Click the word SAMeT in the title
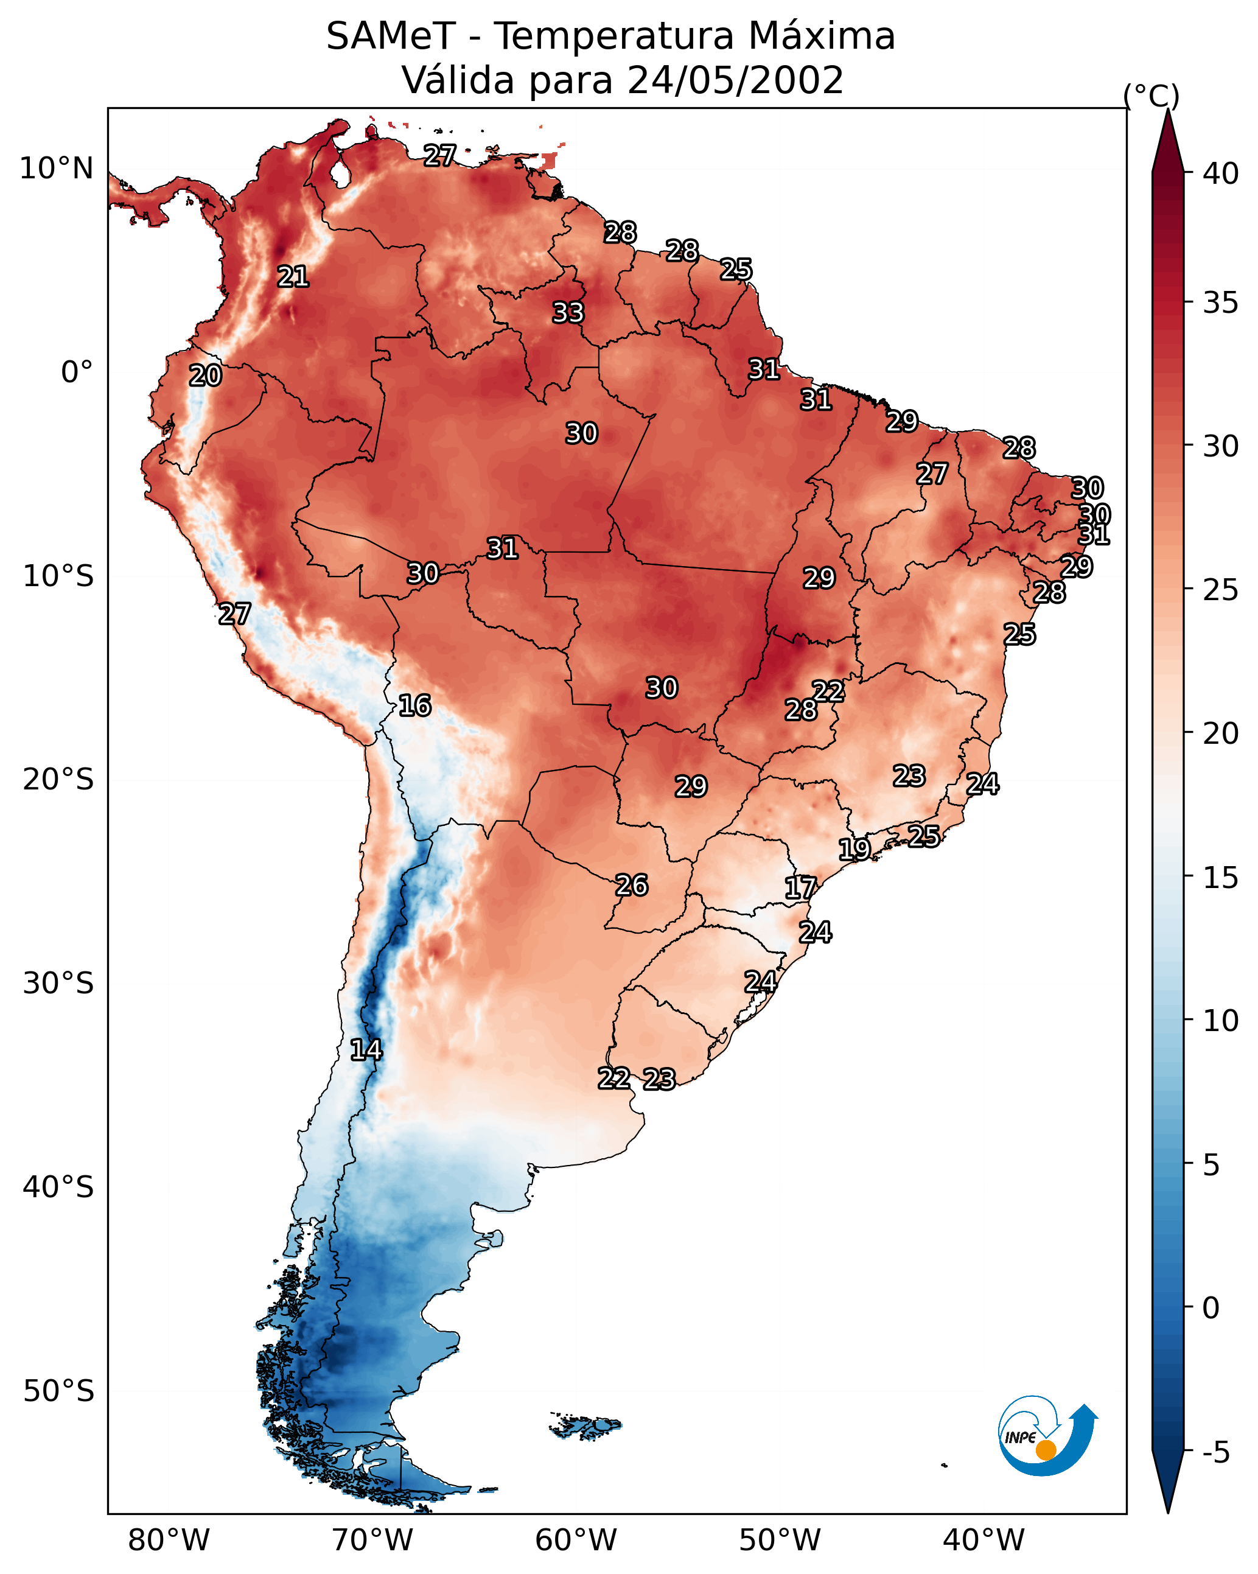click(391, 37)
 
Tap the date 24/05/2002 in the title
click(735, 80)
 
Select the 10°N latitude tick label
click(56, 169)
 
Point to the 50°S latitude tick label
click(58, 1391)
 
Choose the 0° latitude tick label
click(77, 373)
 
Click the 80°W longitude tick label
click(169, 1541)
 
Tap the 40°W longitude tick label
click(984, 1541)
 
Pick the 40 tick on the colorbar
click(1221, 173)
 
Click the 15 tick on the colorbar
click(1221, 878)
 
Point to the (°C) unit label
click(1151, 96)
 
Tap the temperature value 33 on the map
click(568, 312)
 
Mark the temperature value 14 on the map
click(366, 1050)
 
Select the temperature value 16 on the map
click(414, 705)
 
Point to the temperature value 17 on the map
click(800, 888)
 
